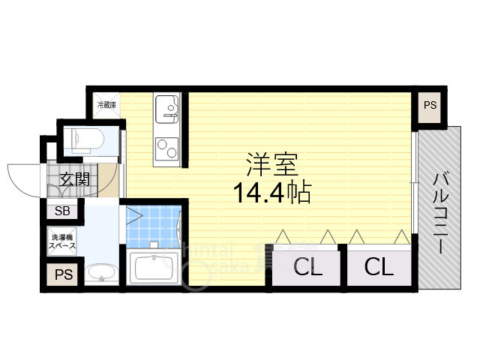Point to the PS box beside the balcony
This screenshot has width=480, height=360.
click(x=430, y=106)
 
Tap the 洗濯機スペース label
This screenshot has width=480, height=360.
click(x=63, y=241)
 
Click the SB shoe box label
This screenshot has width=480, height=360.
click(x=61, y=211)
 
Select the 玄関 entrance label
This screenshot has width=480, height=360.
click(x=74, y=180)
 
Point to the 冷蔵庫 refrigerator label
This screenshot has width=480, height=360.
click(x=106, y=105)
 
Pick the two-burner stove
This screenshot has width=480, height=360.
click(x=165, y=148)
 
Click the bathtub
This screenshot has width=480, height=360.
click(x=154, y=267)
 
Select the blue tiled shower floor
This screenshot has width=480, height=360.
click(x=154, y=225)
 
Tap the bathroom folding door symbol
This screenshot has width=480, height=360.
click(x=136, y=216)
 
